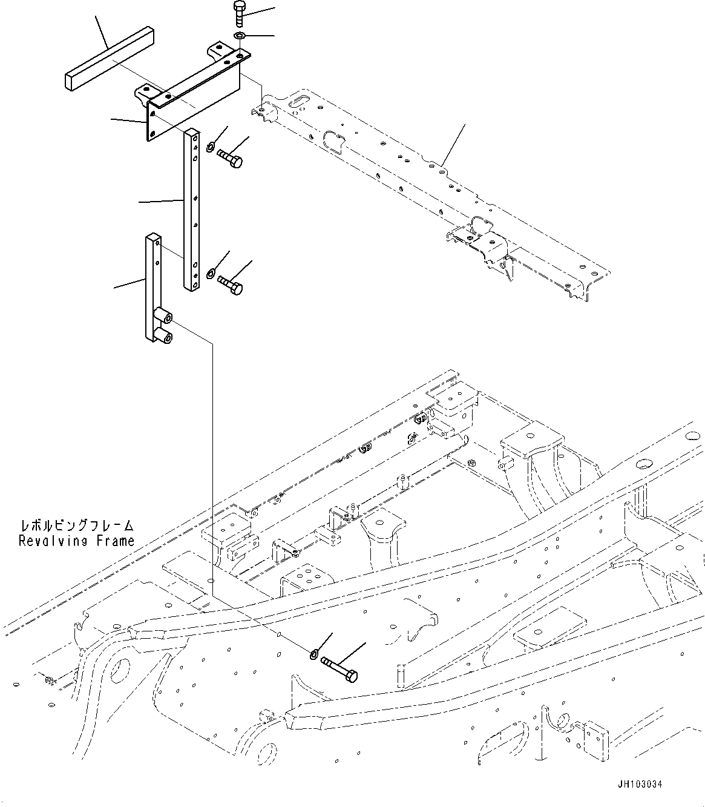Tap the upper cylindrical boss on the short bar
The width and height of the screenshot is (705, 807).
163,315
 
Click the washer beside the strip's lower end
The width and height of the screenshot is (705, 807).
210,273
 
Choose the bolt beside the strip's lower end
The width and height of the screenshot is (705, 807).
230,284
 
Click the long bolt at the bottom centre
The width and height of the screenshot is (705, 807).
339,668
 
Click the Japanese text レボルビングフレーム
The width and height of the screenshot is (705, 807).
76,525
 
